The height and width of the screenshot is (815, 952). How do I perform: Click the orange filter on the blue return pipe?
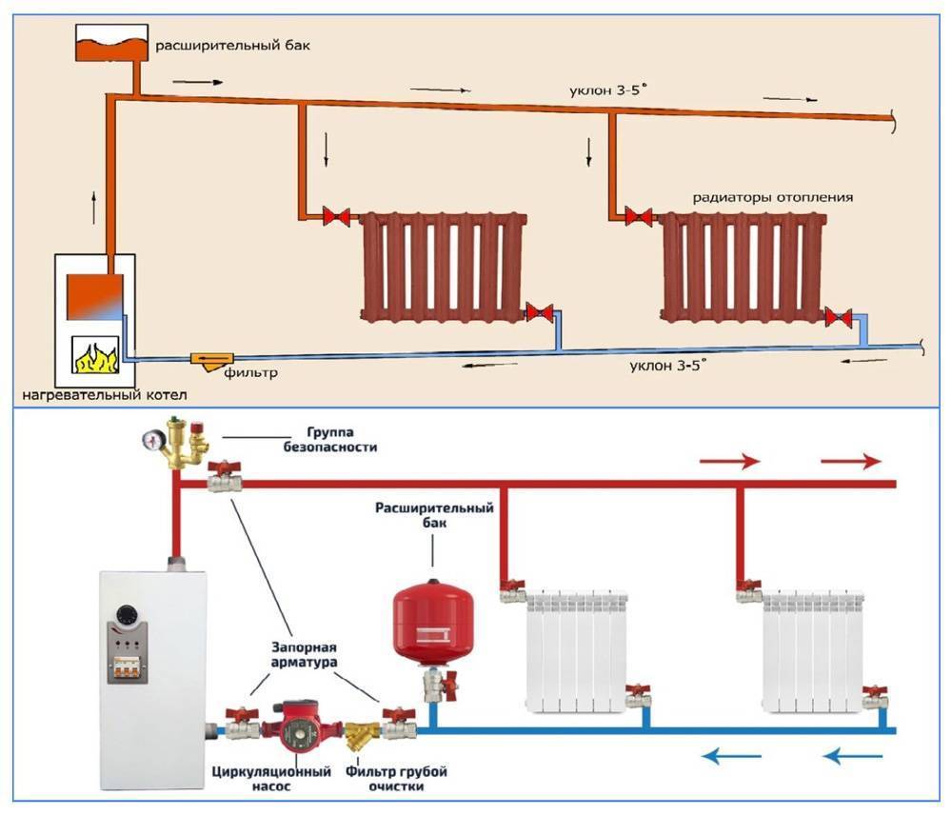(x=208, y=360)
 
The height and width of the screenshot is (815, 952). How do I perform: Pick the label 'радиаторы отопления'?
(x=772, y=198)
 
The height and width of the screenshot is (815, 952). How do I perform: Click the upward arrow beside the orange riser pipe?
(x=95, y=205)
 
